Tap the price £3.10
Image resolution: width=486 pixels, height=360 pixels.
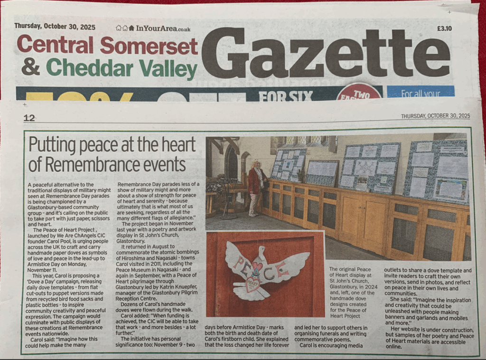click(x=444, y=28)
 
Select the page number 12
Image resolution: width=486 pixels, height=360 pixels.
click(x=29, y=118)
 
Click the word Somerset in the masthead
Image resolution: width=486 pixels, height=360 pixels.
click(x=149, y=46)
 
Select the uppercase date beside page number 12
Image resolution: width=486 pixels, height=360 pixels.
click(x=435, y=116)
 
